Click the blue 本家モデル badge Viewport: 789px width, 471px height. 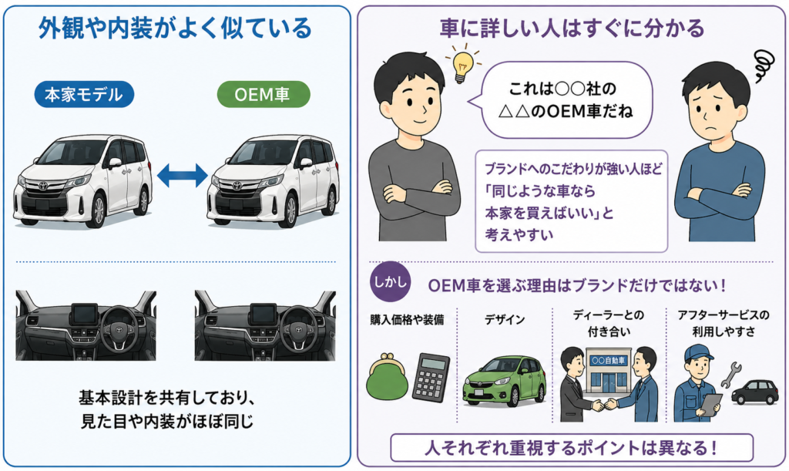point(84,95)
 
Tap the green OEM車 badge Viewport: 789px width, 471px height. point(264,95)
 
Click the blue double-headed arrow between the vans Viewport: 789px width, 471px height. point(182,176)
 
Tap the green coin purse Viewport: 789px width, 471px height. point(388,376)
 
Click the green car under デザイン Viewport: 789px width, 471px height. point(504,381)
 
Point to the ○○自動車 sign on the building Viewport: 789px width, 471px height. point(608,360)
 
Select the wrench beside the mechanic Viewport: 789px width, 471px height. point(731,375)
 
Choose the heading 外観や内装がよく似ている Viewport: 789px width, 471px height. point(175,28)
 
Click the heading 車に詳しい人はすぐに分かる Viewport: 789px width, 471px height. point(572,29)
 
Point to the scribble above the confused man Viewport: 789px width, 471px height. point(764,66)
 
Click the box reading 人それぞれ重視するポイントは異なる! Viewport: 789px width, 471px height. point(572,447)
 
